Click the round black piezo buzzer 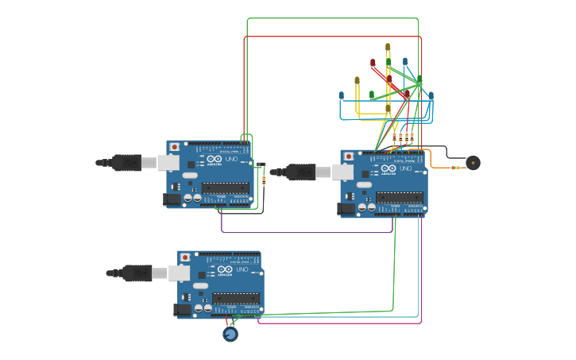pos(474,163)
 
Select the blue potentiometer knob pos(230,335)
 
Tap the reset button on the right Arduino pos(348,157)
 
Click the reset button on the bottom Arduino pos(185,257)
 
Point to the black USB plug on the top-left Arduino pos(126,163)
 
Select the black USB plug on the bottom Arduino pos(137,273)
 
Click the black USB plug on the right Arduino pos(300,172)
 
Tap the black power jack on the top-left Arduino pos(171,199)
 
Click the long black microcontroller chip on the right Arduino pos(399,198)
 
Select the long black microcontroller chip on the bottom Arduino pos(235,299)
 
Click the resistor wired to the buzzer pos(455,168)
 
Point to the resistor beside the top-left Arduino pos(264,180)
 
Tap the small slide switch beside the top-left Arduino pos(261,165)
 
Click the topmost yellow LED pos(388,47)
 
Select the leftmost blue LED pos(342,95)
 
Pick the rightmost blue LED pos(431,95)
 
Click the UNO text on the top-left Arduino pos(232,159)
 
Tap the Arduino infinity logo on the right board pos(388,168)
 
